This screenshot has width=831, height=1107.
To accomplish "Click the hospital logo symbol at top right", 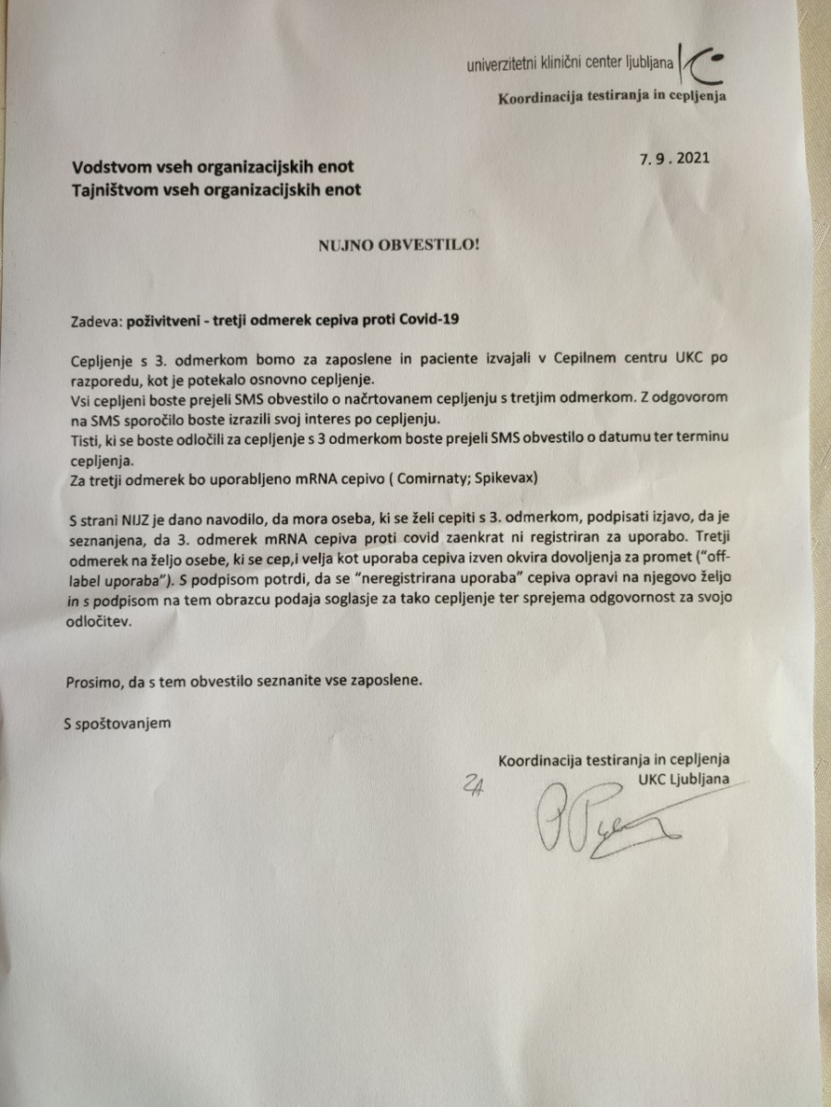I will [x=701, y=64].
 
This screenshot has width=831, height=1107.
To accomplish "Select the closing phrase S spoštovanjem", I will [x=117, y=722].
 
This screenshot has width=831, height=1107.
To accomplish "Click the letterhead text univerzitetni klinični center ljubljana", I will [x=571, y=65].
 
